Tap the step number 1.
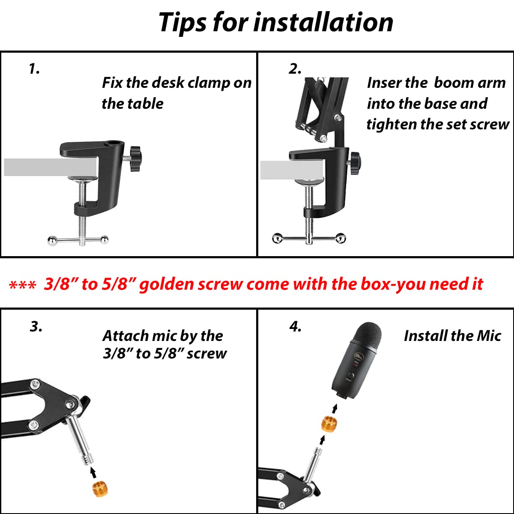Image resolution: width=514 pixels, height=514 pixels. (x=34, y=69)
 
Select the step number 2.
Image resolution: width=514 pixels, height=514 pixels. (x=295, y=69)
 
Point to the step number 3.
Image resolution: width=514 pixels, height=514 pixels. (x=36, y=326)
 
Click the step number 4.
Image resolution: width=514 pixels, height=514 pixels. (x=296, y=326)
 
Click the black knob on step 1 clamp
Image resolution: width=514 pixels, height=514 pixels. (x=136, y=158)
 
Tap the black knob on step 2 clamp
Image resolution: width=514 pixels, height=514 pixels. (x=356, y=163)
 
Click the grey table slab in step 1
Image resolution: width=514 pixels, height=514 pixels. (x=50, y=167)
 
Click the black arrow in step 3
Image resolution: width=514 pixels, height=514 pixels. (x=93, y=472)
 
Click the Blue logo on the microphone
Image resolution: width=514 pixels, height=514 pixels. (x=359, y=356)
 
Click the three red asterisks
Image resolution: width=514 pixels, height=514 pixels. (x=22, y=285)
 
